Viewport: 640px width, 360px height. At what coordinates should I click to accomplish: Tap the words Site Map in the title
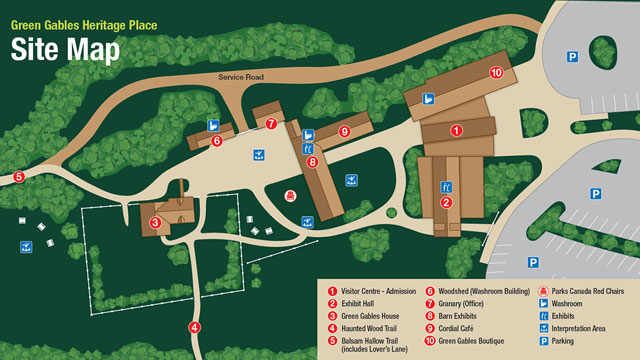click(65, 50)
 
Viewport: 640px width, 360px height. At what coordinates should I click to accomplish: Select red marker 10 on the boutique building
click(495, 72)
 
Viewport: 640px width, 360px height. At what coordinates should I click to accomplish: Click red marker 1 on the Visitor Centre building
click(456, 130)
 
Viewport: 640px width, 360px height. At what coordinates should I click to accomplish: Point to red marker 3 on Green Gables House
click(156, 222)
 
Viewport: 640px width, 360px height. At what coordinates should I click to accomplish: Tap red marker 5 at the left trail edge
click(19, 177)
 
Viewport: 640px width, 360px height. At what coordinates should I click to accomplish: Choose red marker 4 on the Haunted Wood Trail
click(195, 327)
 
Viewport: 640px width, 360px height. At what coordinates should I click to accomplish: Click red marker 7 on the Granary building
click(271, 124)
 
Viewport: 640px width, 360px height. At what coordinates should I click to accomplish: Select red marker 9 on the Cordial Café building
click(343, 131)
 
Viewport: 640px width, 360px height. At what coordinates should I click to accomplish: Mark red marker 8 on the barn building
click(313, 161)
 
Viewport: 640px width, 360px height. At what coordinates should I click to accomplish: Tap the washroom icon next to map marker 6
click(213, 125)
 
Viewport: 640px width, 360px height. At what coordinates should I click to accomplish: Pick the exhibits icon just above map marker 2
click(446, 186)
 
